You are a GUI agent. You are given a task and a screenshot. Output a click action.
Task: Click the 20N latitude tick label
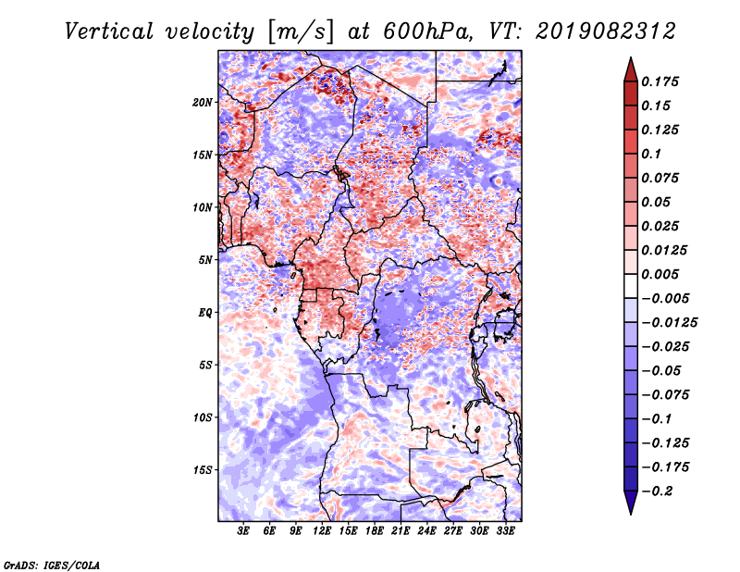[x=203, y=102]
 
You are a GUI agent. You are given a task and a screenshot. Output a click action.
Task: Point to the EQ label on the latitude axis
[x=206, y=313]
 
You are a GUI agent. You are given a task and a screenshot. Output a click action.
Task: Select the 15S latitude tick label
[x=203, y=470]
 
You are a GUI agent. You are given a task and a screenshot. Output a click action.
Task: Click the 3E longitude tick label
[x=243, y=532]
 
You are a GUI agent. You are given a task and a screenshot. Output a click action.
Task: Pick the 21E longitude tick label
[x=401, y=532]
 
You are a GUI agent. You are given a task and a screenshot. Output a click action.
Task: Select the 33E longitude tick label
[x=505, y=532]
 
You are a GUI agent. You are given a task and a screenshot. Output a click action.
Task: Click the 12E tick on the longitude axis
[x=322, y=532]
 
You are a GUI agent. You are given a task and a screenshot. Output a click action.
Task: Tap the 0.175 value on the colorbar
[x=661, y=81]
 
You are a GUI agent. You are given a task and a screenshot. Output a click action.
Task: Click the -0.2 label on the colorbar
[x=662, y=491]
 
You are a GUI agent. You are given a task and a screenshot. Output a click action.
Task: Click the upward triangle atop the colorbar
[x=629, y=67]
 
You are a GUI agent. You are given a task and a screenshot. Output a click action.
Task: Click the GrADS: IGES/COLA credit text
[x=52, y=564]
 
